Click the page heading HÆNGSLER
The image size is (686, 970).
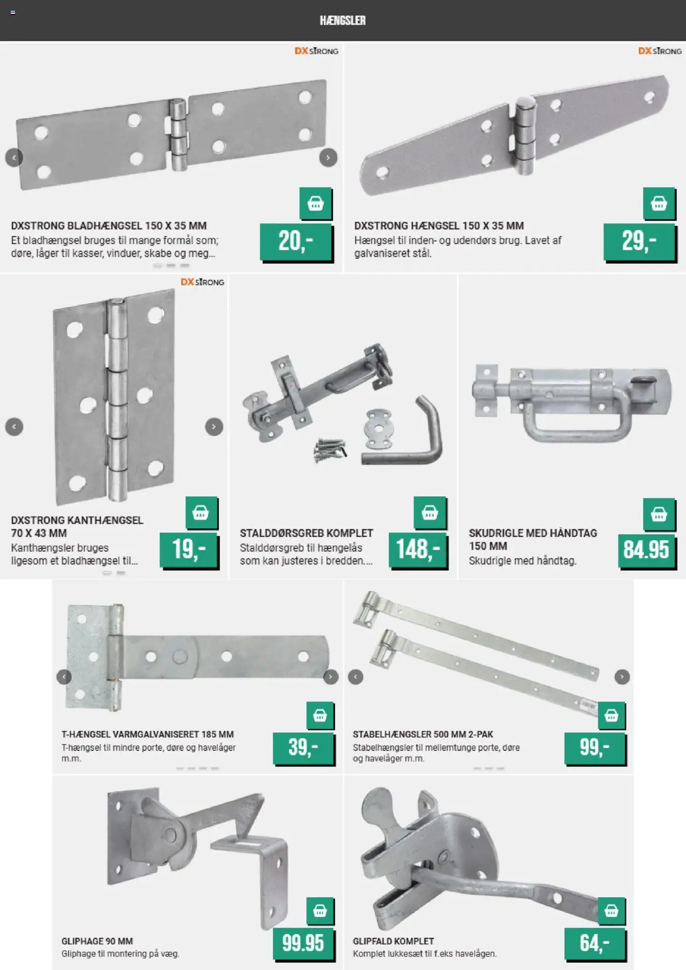[x=342, y=20]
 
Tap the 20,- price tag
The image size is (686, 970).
[x=296, y=242]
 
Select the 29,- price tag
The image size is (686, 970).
[x=639, y=242]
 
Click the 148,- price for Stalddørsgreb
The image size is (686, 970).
[x=417, y=550]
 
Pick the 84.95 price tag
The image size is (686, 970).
[x=646, y=550]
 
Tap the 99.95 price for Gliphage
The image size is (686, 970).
[x=303, y=943]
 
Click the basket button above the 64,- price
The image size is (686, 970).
[x=612, y=911]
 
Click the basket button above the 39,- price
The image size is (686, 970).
[x=320, y=715]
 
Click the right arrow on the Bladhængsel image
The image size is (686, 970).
[x=328, y=158]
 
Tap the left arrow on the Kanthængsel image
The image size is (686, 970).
[x=14, y=427]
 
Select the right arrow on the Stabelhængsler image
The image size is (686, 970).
[x=622, y=677]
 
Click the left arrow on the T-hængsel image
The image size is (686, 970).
[x=64, y=677]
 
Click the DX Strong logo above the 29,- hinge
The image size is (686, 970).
[x=660, y=51]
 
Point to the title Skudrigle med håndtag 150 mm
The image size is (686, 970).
[x=533, y=540]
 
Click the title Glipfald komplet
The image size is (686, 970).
[x=393, y=941]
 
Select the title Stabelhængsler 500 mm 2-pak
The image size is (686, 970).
[x=423, y=734]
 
